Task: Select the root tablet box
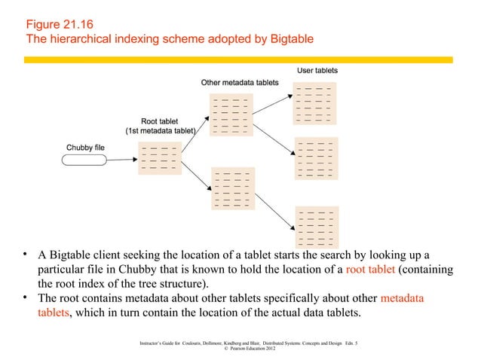(159, 159)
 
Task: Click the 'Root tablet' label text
(160, 120)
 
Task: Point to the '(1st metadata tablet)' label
(160, 130)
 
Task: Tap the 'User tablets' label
(317, 70)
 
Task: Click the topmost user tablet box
(317, 103)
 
